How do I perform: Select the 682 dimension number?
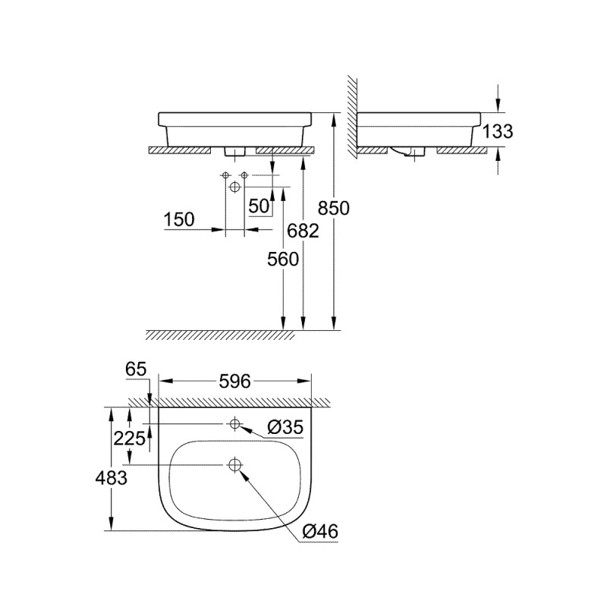(x=303, y=232)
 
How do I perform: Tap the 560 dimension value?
(x=284, y=259)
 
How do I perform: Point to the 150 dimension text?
(x=179, y=220)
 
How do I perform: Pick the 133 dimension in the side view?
(x=498, y=131)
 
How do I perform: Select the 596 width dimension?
(x=235, y=382)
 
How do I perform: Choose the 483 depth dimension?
(x=111, y=477)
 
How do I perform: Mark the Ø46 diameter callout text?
(x=319, y=532)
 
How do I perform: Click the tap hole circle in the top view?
(x=234, y=423)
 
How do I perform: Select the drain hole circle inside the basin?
(x=234, y=464)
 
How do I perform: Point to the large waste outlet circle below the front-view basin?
(x=234, y=186)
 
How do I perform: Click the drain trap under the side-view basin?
(x=414, y=154)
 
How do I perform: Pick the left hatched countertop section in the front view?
(x=181, y=150)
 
